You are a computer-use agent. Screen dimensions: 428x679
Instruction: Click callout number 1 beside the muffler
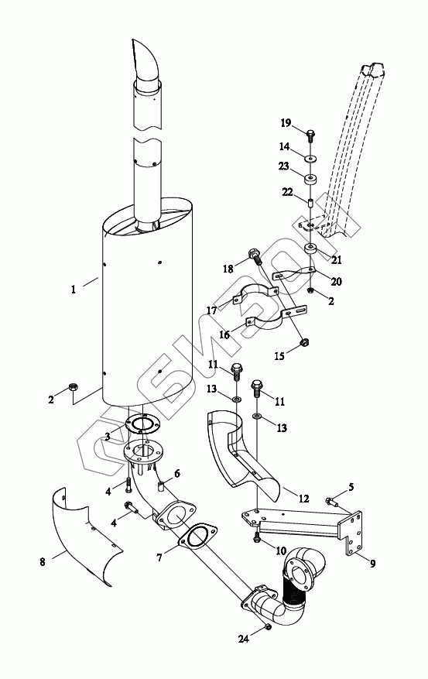(74, 289)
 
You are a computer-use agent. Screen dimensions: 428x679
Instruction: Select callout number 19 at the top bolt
(286, 123)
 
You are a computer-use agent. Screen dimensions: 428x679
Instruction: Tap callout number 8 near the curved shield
(43, 563)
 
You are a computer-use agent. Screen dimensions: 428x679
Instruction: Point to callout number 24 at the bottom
(244, 638)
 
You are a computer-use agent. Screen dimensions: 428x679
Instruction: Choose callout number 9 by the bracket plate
(372, 564)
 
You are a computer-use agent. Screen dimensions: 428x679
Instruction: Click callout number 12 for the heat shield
(304, 499)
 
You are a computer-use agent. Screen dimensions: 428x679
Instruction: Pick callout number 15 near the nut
(279, 356)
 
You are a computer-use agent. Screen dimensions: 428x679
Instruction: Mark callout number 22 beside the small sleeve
(288, 192)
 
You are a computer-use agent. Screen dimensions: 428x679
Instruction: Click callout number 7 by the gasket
(159, 557)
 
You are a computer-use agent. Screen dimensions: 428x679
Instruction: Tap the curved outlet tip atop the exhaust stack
(146, 59)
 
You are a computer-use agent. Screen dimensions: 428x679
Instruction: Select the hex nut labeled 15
(304, 343)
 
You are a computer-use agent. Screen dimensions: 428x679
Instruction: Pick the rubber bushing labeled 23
(310, 178)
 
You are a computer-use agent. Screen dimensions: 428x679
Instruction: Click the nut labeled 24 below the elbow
(268, 626)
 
